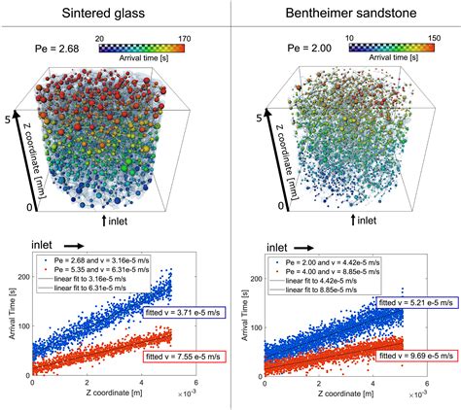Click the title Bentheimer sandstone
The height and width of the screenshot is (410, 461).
346,17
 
